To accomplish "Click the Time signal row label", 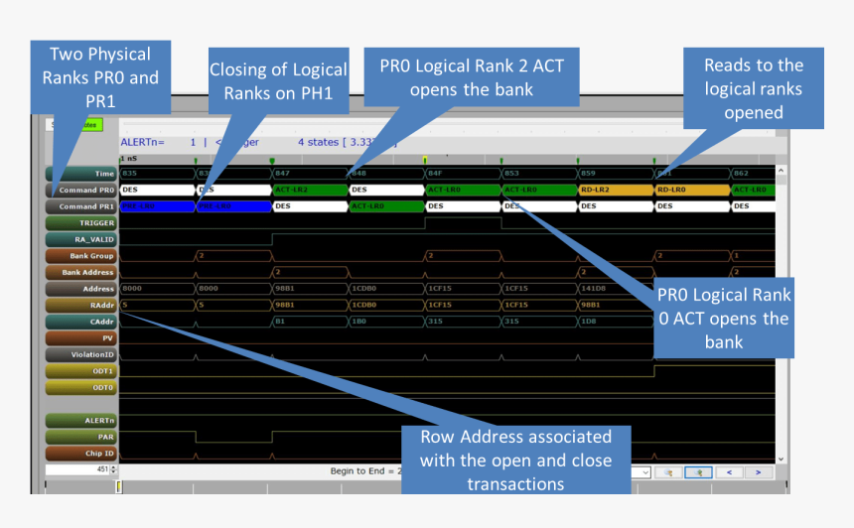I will [82, 174].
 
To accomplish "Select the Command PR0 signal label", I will [82, 190].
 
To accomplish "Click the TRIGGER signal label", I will [82, 223].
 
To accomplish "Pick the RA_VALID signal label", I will [82, 239].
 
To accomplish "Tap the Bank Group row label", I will [82, 256].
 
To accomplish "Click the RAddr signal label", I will [82, 305].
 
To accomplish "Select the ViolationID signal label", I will [82, 353].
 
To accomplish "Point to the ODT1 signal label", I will [82, 370].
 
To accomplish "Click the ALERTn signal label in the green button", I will [82, 421].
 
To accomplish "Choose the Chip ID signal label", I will [82, 453].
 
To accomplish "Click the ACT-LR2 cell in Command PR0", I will [310, 190].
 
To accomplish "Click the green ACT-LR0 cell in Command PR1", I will [386, 206].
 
